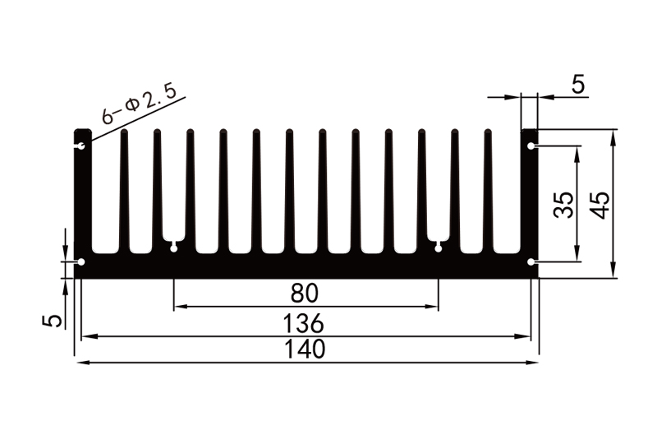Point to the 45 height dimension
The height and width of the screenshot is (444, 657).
pyautogui.click(x=600, y=204)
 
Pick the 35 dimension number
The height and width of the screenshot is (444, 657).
pyautogui.click(x=563, y=204)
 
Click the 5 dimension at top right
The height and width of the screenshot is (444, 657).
pyautogui.click(x=577, y=85)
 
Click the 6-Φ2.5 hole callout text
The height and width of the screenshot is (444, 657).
pyautogui.click(x=139, y=104)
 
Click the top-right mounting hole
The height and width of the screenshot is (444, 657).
pyautogui.click(x=531, y=146)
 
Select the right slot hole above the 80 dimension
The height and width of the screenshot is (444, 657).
pyautogui.click(x=438, y=246)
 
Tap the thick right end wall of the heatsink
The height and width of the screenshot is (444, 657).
pyautogui.click(x=530, y=206)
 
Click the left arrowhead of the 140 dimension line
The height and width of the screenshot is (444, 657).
pyautogui.click(x=80, y=362)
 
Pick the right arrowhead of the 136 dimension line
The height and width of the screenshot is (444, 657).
pyautogui.click(x=530, y=335)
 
